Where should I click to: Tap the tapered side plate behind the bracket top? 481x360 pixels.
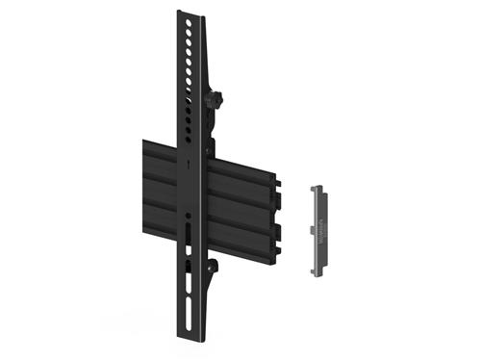point(205,58)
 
